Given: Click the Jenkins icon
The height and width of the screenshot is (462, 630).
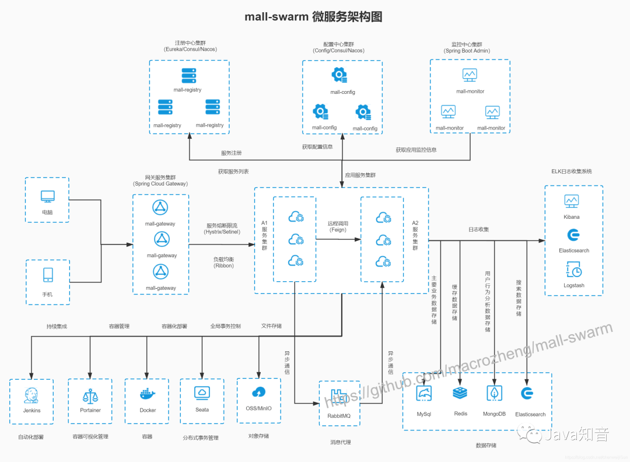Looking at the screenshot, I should tap(32, 395).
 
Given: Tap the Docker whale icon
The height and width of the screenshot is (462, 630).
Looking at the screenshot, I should tap(148, 394).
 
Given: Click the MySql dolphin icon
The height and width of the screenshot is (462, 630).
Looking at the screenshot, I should tap(423, 393).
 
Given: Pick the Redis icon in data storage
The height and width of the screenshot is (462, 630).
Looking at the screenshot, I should tap(460, 393).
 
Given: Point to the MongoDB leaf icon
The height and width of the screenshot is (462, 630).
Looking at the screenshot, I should tap(495, 393).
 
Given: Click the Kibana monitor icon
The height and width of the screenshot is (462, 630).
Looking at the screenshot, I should tap(571, 201).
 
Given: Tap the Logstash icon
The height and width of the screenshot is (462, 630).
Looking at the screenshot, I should tap(573, 269).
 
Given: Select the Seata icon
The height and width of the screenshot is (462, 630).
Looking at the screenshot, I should tap(202, 393).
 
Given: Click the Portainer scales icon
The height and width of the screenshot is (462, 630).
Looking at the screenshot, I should tap(90, 396).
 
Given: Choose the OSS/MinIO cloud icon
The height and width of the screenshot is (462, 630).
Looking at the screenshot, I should tap(258, 392).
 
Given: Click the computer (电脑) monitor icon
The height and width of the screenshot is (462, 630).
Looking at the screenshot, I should tap(47, 196).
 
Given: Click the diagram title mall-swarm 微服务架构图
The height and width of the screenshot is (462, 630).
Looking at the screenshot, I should tap(314, 16).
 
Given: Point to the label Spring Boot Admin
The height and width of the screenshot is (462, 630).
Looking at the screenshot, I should tap(467, 51).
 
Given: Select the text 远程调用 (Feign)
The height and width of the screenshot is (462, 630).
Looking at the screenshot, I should tap(338, 226).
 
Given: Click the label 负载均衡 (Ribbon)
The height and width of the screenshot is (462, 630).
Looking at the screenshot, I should tap(223, 262).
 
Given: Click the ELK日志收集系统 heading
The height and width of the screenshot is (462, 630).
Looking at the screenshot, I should tap(571, 171).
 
